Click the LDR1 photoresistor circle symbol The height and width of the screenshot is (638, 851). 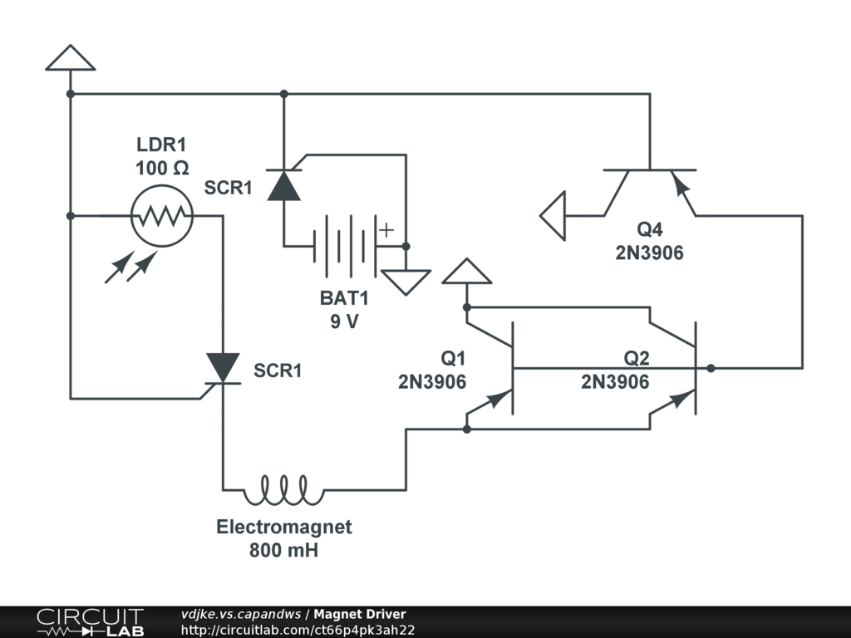coord(161,216)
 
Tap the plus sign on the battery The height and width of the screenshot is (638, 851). coord(386,230)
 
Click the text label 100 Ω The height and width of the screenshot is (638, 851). coord(162,168)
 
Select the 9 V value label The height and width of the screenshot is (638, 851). coord(343,321)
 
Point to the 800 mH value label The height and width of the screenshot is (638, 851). coord(283,549)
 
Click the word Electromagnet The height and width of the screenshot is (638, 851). coord(284,527)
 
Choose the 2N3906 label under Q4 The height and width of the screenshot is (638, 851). coord(649,253)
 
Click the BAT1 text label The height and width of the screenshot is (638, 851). coord(343,299)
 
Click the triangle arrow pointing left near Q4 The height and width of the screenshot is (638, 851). coord(553,215)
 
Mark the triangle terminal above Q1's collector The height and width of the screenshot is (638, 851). coord(467,272)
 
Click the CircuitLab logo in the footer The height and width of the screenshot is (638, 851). coord(89,622)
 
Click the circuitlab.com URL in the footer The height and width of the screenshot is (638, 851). coord(298,630)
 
